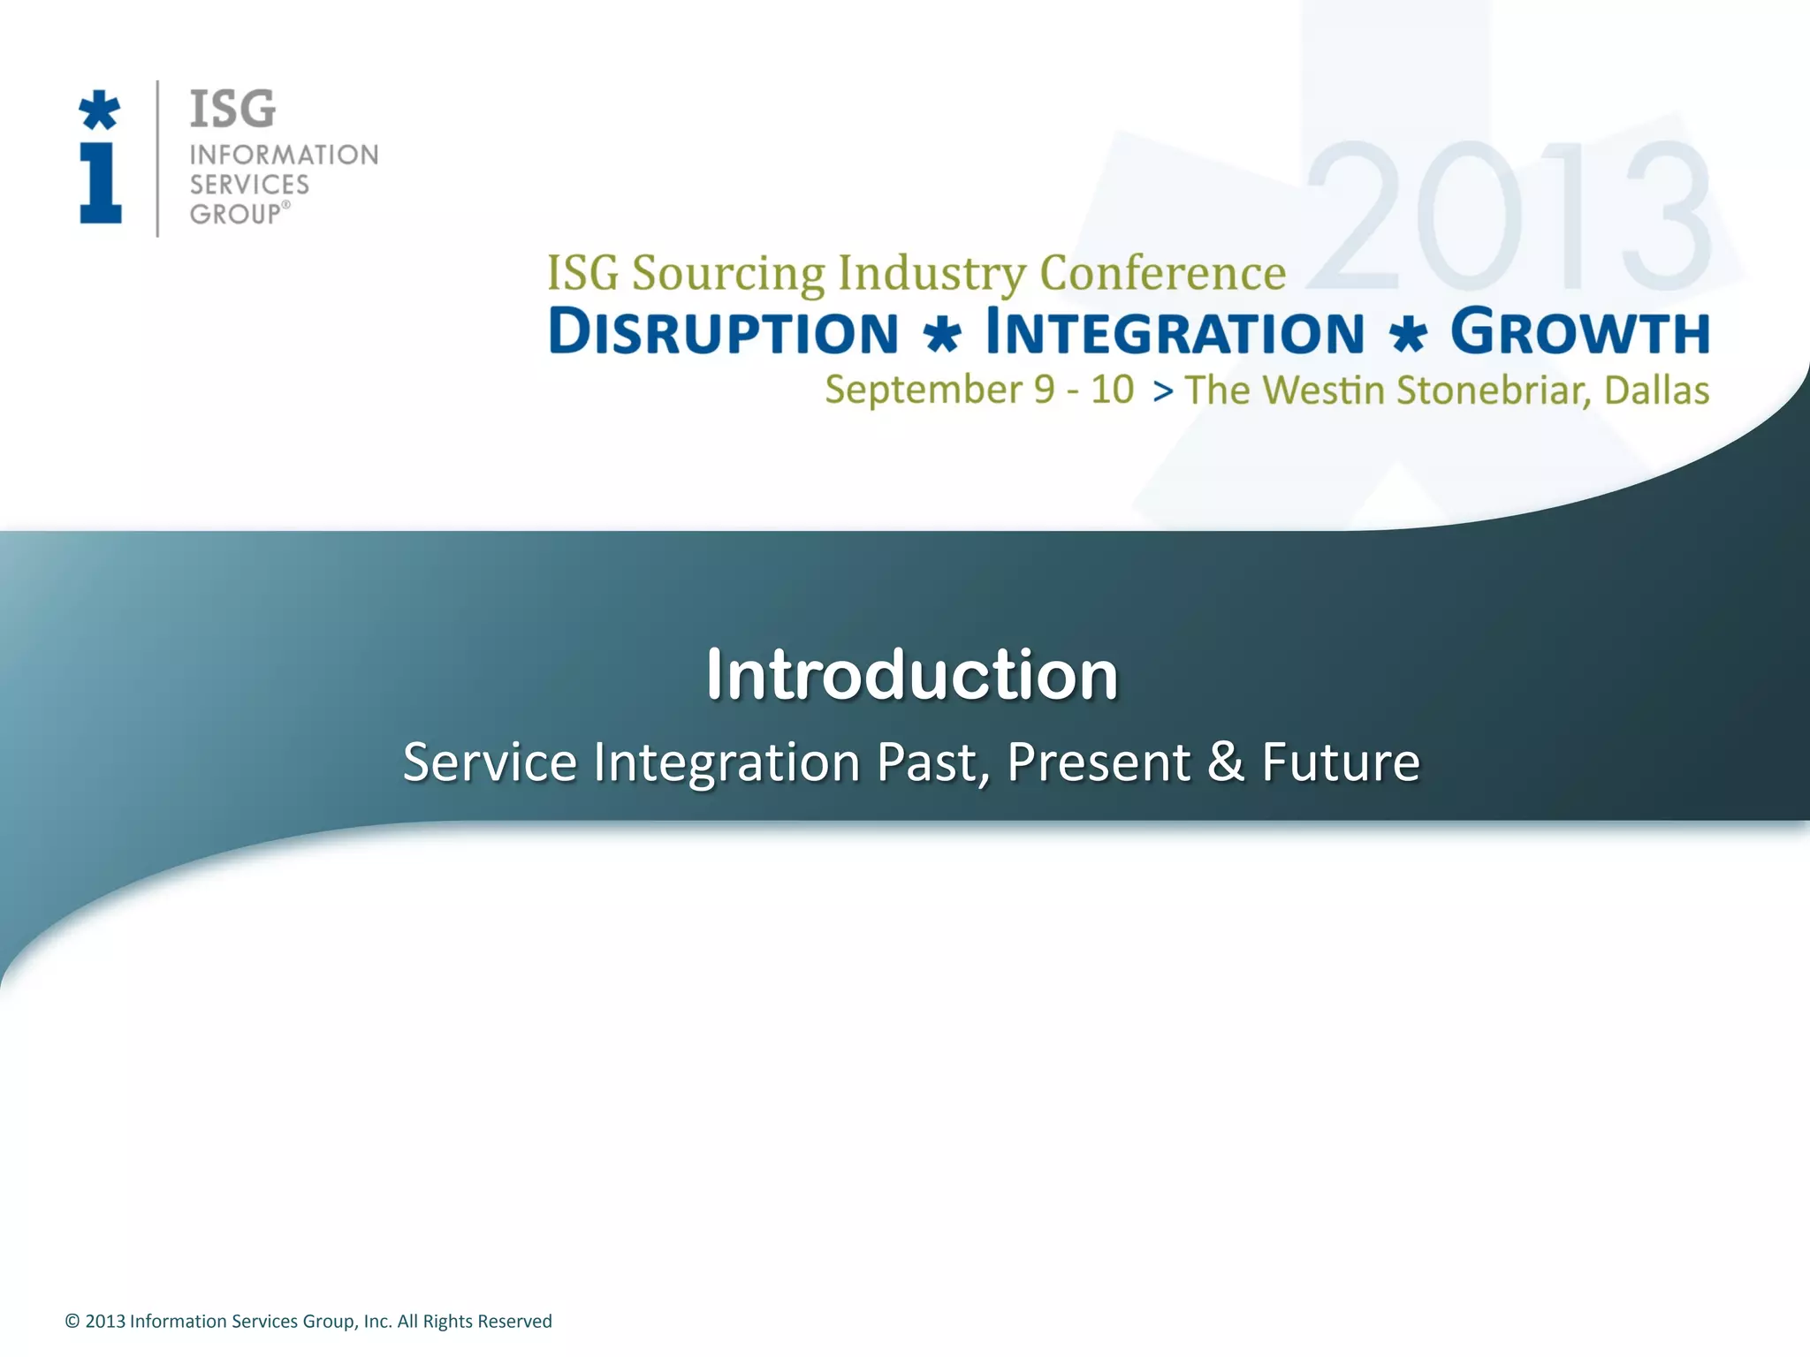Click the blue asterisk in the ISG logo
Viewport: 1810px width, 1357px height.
[x=99, y=110]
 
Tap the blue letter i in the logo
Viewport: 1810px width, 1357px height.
[x=101, y=184]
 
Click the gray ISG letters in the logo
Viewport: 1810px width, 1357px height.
[x=232, y=110]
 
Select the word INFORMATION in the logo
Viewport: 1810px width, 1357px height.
[x=284, y=155]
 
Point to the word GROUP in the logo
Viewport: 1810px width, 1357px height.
[x=235, y=215]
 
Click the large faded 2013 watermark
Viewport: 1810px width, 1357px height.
[x=1508, y=217]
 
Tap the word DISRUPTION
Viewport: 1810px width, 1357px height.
[x=723, y=332]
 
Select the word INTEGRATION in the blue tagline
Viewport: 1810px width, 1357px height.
[x=1175, y=332]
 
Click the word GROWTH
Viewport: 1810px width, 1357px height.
[x=1579, y=332]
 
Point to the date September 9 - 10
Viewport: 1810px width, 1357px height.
[x=978, y=390]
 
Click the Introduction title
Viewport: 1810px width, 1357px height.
[x=912, y=675]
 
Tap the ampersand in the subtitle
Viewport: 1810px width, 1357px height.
[x=1226, y=762]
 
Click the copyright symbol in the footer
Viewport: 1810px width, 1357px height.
[x=72, y=1322]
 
